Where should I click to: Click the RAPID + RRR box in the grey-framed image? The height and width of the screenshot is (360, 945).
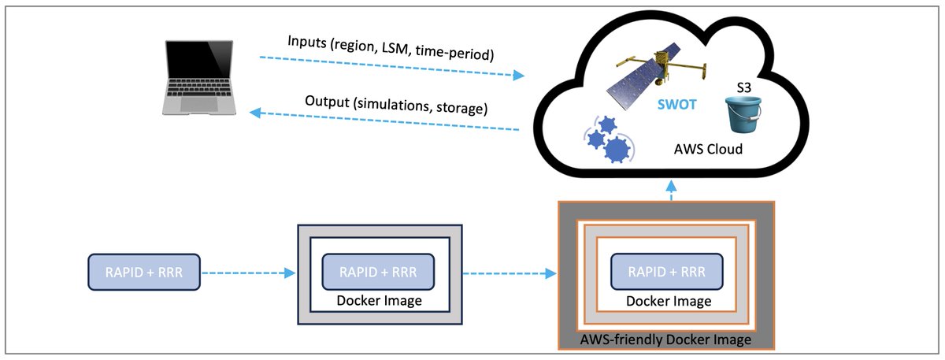tap(378, 272)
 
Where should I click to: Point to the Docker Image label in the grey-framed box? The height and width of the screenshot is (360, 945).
tap(378, 301)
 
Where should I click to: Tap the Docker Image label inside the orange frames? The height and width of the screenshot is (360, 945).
tap(668, 302)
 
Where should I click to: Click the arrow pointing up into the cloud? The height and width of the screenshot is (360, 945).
tap(670, 189)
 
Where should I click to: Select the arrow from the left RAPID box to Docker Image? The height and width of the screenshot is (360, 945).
tap(248, 273)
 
